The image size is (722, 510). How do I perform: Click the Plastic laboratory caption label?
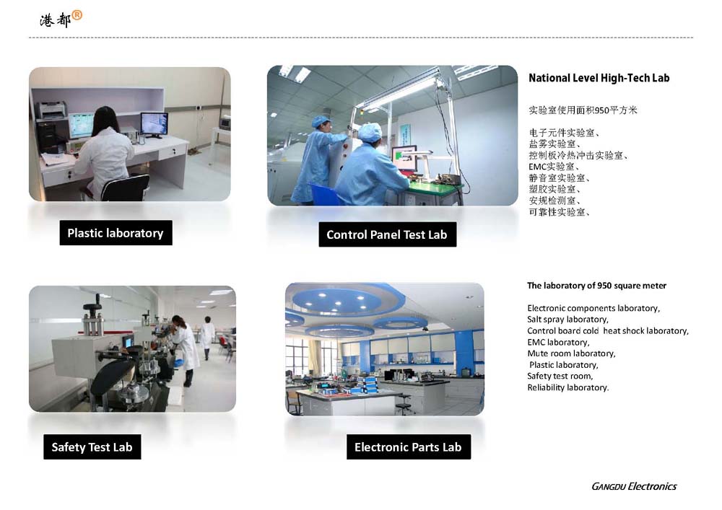116,233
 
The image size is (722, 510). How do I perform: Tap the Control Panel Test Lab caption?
387,234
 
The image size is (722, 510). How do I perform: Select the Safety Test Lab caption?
92,447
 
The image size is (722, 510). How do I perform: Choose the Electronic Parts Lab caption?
409,447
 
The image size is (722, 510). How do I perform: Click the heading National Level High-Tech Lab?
599,78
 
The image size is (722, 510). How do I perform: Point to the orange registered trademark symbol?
77,16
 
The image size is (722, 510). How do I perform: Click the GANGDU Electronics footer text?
634,486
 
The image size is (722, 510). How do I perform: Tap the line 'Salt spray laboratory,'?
567,319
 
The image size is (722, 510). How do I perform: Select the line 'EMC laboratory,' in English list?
558,342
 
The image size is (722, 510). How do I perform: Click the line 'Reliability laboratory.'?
567,387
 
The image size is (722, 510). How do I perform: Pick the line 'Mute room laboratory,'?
571,353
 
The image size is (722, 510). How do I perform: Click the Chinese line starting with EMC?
554,167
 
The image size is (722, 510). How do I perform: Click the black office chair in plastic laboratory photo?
124,188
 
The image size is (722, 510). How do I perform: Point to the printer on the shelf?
51,111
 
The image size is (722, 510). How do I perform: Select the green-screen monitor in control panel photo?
404,158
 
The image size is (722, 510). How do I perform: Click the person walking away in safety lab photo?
206,337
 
